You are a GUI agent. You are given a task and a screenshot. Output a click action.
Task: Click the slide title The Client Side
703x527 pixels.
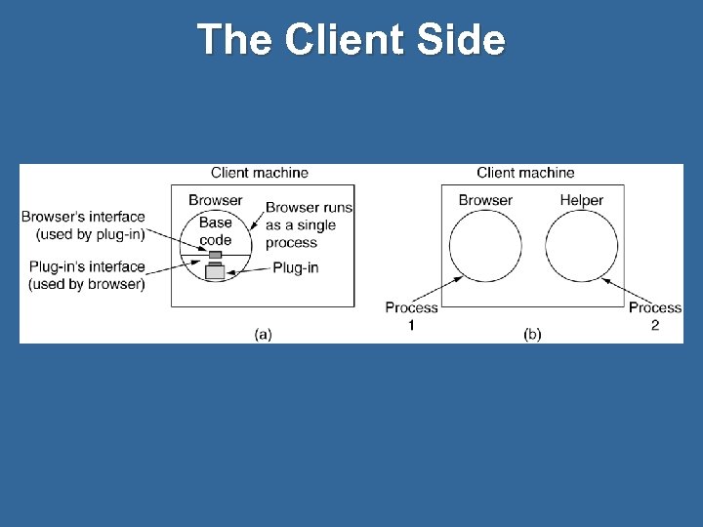point(351,40)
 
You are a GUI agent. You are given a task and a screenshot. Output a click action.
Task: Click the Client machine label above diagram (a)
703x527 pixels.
point(260,173)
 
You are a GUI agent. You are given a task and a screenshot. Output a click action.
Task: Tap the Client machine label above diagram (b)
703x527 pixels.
point(525,173)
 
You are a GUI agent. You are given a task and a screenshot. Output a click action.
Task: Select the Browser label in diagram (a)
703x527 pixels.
point(216,200)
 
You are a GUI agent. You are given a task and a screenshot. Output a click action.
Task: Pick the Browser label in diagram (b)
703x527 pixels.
point(485,200)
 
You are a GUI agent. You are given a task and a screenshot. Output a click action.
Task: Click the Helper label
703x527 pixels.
point(582,200)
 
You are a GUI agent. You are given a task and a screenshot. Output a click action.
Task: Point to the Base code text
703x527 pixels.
point(215,231)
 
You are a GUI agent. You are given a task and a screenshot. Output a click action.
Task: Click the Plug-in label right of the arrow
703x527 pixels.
point(294,266)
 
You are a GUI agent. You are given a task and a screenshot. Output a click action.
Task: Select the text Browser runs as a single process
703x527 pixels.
point(309,224)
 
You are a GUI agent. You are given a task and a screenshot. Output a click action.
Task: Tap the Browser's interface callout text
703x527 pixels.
point(84,225)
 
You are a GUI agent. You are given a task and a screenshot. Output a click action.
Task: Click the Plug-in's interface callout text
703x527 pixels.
point(84,275)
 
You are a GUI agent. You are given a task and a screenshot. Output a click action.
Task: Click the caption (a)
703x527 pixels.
point(263,334)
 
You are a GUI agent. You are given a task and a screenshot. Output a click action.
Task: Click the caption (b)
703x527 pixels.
point(532,334)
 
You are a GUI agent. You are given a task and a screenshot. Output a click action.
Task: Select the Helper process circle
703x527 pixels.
point(582,247)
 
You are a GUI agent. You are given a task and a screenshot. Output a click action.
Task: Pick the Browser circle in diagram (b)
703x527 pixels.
point(485,247)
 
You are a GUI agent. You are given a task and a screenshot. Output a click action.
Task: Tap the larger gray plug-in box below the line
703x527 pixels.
point(215,271)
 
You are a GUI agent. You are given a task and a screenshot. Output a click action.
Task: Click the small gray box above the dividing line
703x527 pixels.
point(215,255)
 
